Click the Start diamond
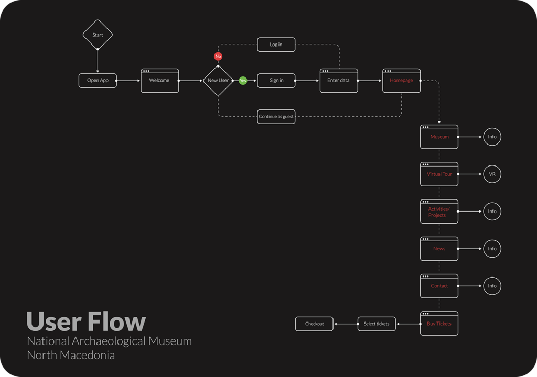point(98,35)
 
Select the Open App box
point(98,81)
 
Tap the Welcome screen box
point(159,81)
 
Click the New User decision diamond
point(218,81)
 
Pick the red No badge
point(218,56)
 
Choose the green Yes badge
point(243,81)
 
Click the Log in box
point(276,45)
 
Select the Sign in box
point(276,81)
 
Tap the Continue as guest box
point(276,117)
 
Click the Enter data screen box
point(339,81)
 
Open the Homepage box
point(401,81)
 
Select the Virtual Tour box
point(439,174)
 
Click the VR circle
point(492,174)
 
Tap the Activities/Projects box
point(439,212)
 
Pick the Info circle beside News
point(492,249)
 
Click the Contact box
point(439,286)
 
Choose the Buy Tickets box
point(439,324)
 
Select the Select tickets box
point(377,324)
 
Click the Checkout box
point(315,324)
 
